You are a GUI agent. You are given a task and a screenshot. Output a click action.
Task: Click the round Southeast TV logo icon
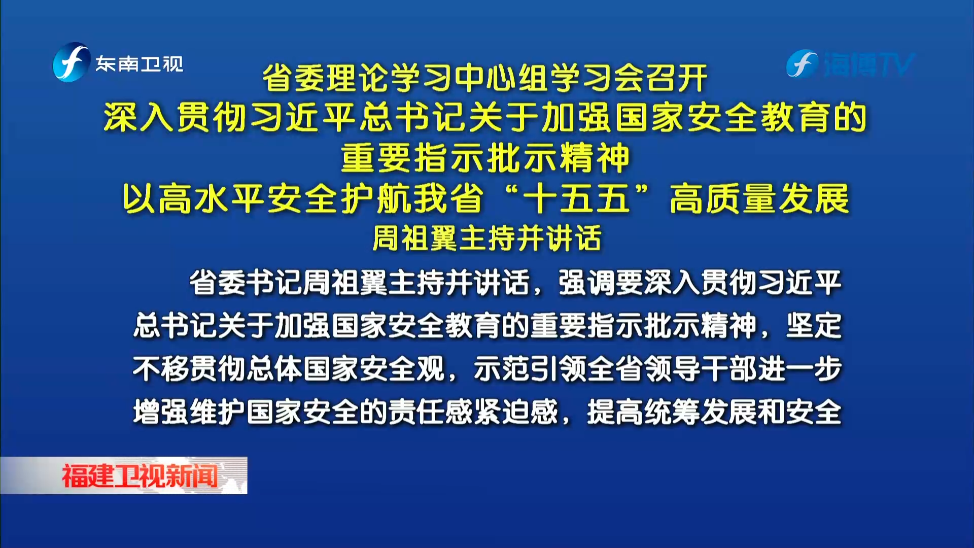pos(72,62)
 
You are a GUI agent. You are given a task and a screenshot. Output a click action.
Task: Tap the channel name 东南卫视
pos(140,64)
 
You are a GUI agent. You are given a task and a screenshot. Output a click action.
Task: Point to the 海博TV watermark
pos(851,64)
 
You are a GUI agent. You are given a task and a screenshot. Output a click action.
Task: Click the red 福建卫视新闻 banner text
pos(140,476)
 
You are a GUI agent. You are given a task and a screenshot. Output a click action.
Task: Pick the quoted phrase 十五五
pos(577,198)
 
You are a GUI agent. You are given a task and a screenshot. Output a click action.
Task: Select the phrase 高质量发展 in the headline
pos(759,198)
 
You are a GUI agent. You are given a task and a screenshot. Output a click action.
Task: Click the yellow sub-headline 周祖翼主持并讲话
pos(487,238)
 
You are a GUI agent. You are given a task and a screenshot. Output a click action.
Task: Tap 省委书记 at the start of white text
pos(246,283)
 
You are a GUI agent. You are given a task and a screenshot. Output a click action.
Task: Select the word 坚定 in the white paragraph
pos(814,325)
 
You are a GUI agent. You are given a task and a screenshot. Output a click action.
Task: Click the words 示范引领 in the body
pos(530,368)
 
